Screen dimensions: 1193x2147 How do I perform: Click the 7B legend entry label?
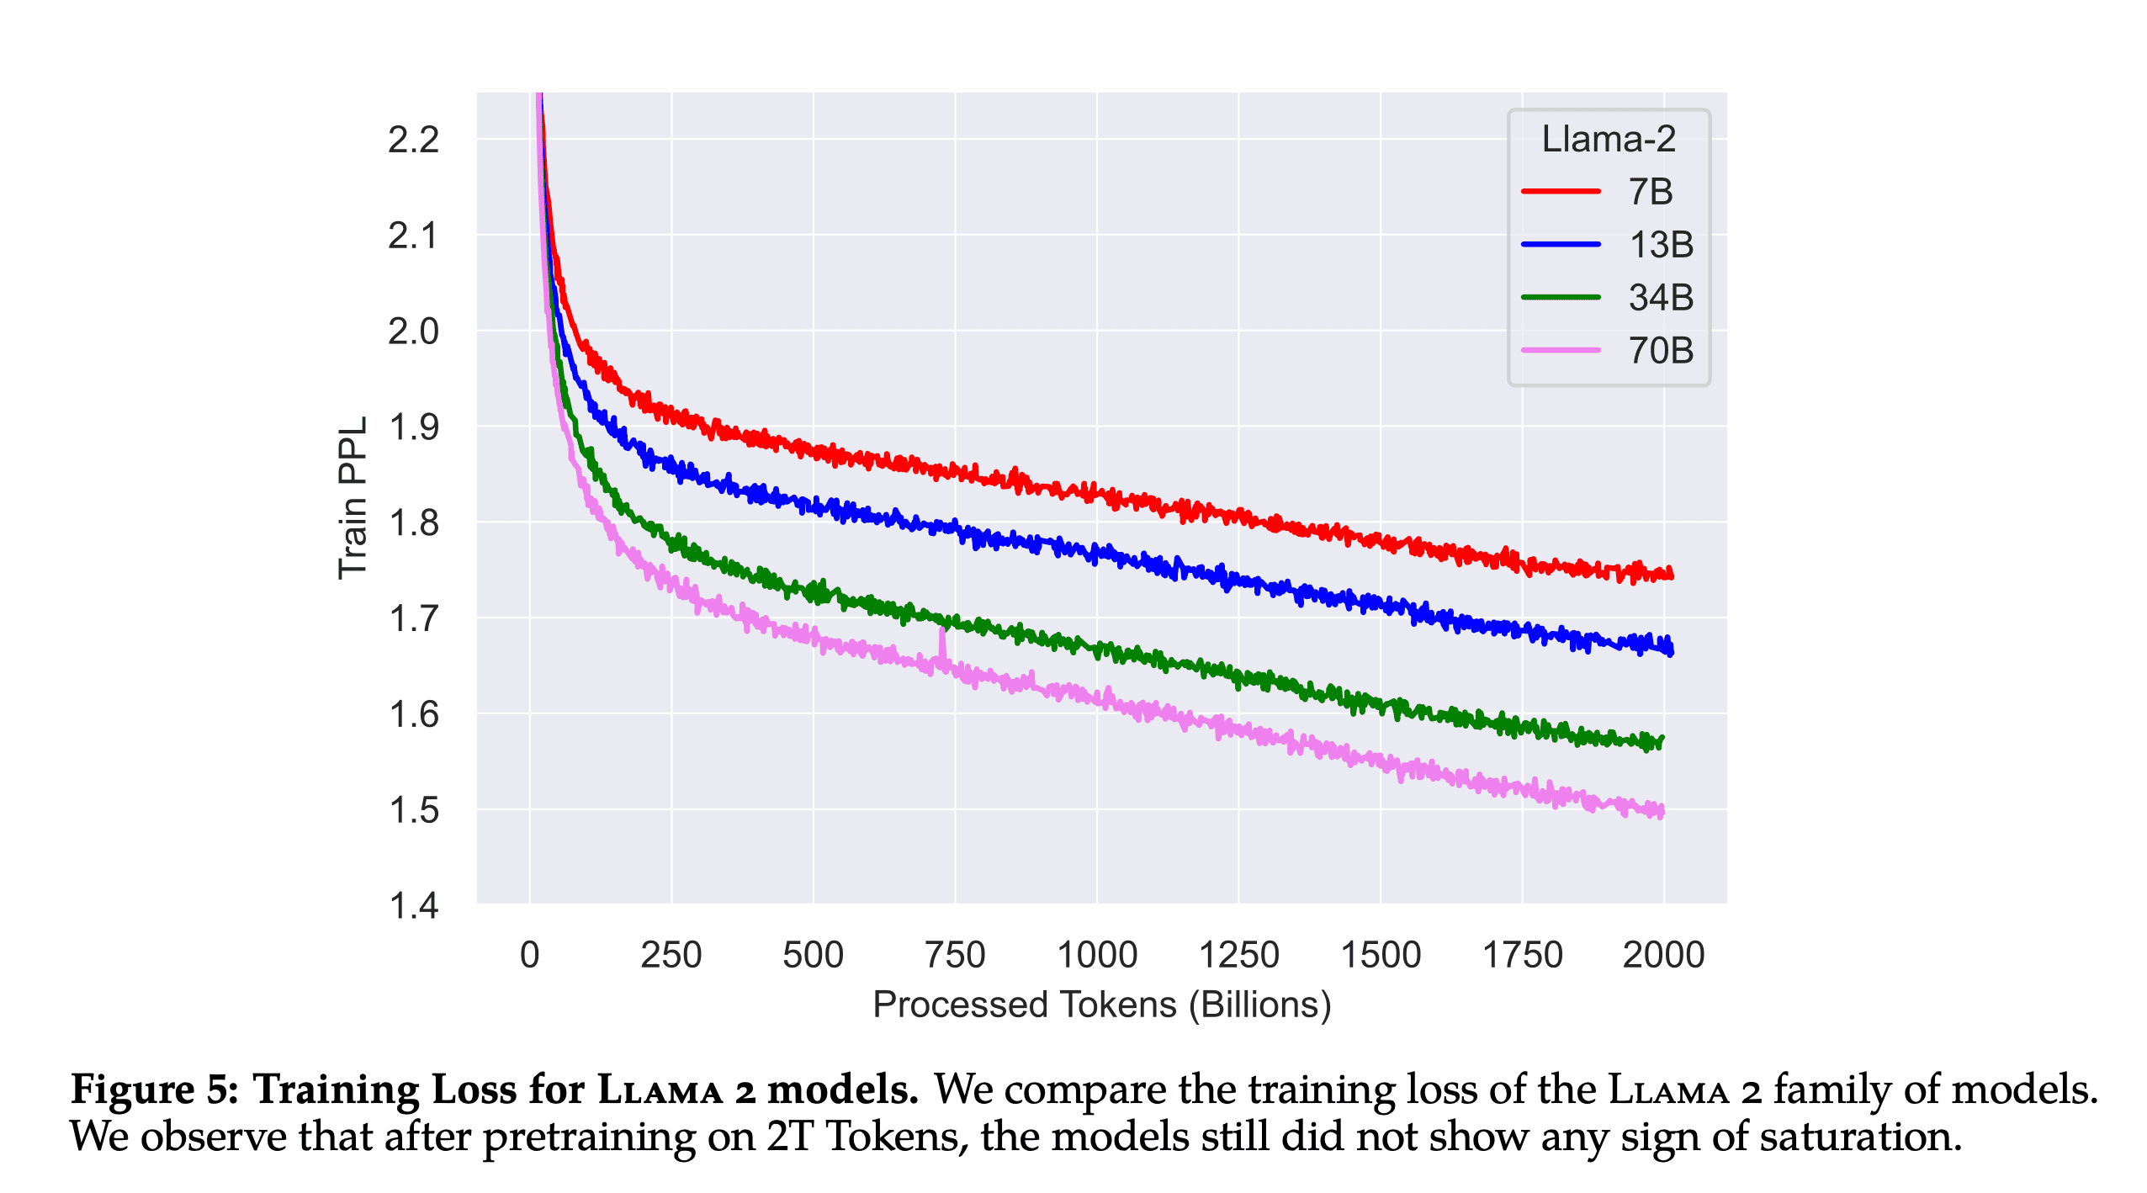pos(1650,192)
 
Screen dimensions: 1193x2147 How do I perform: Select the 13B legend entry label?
pos(1660,245)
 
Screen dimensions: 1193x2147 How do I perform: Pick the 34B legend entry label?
pos(1660,298)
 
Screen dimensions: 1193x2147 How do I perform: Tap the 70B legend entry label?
pos(1660,351)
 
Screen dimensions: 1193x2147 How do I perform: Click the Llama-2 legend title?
pos(1608,139)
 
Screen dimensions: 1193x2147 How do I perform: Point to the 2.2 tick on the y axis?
pos(413,140)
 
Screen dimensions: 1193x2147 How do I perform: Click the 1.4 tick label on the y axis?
pos(413,906)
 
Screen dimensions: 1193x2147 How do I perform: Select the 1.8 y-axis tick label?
pos(413,523)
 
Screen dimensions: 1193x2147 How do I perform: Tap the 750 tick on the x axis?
pos(954,955)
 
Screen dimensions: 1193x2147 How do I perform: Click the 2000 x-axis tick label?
pos(1662,955)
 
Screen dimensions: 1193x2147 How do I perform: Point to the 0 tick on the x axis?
pos(529,955)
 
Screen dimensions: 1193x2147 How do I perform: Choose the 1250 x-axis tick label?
pos(1238,955)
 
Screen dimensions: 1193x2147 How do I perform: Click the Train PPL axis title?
pos(353,498)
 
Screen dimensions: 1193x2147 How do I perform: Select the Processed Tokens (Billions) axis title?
pos(1101,1005)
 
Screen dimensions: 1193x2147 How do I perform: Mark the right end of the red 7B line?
pos(1671,575)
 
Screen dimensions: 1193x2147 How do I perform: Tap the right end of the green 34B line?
pos(1662,740)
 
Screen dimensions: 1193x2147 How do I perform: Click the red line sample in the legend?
pos(1560,192)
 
